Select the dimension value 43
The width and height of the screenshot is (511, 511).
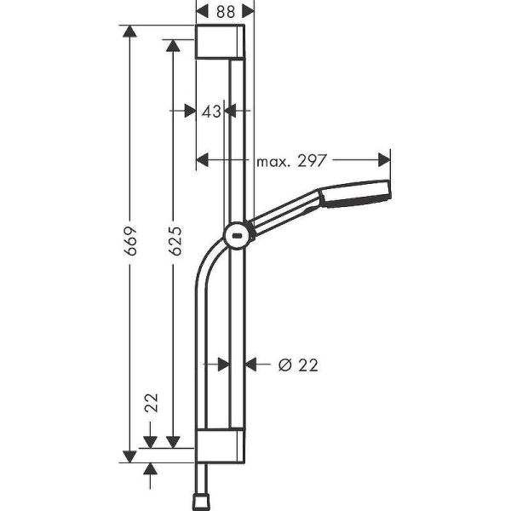coord(211,110)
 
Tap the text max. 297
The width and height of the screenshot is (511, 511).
coord(292,158)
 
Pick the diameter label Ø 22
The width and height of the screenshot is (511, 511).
coord(298,365)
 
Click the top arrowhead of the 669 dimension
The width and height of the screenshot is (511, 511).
coord(129,32)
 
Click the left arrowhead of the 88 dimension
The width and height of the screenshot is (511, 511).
coord(202,9)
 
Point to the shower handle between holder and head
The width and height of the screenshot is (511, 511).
coord(285,212)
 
